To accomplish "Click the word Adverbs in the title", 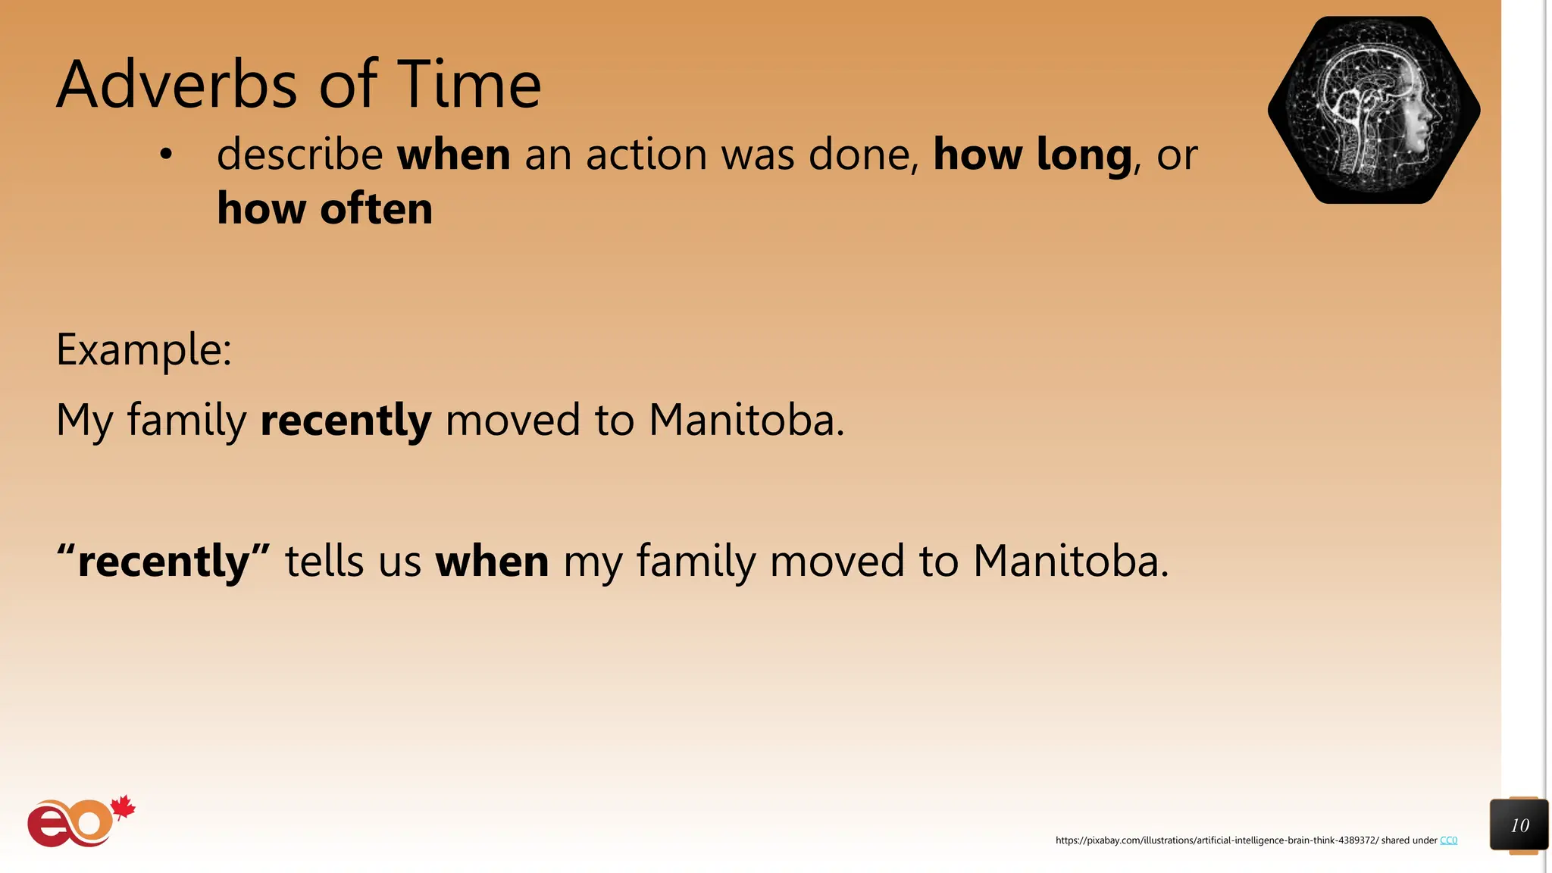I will coord(177,85).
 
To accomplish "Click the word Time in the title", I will coord(469,85).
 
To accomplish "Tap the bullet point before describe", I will coord(166,155).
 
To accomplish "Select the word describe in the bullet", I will coord(300,155).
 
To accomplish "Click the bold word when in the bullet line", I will coord(453,155).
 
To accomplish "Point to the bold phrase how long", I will coord(1032,155).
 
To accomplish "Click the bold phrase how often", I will coord(324,209).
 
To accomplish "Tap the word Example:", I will coord(144,350).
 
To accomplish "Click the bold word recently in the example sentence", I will coord(346,421).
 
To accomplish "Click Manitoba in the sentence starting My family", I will coord(746,421).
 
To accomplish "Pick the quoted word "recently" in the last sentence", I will coord(164,562).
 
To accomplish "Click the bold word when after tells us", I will coord(492,562).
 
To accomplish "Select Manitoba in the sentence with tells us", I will coord(1069,562).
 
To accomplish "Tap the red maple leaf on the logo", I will coord(123,808).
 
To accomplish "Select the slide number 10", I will coord(1519,825).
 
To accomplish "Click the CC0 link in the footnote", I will coord(1448,840).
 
